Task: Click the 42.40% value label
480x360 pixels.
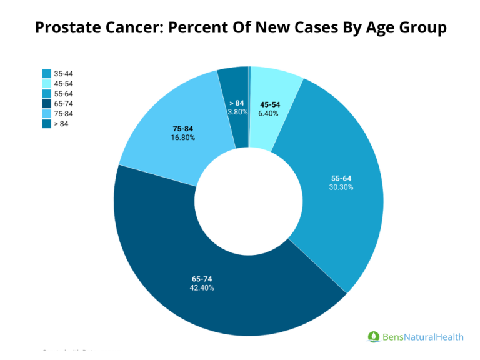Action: click(x=202, y=288)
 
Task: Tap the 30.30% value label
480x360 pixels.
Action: click(x=341, y=187)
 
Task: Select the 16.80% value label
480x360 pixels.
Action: click(x=182, y=137)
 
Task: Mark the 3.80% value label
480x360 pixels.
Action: click(x=237, y=112)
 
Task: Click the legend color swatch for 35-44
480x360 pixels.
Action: click(x=47, y=74)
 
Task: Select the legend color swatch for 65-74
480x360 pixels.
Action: click(x=47, y=104)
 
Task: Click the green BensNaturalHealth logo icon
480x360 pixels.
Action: click(x=373, y=337)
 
